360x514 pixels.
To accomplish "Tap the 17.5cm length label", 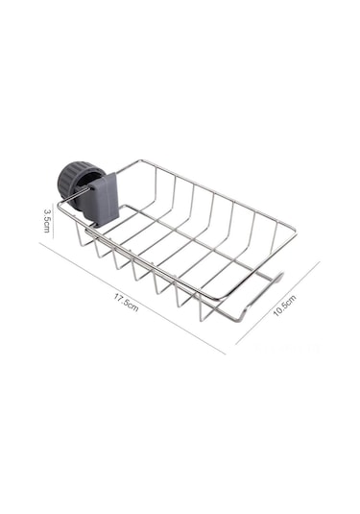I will [x=127, y=303].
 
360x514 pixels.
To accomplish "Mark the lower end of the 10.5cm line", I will [x=236, y=343].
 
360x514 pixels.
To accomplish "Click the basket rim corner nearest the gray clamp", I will [x=60, y=204].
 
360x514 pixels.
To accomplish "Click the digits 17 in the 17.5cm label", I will [x=119, y=298].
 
